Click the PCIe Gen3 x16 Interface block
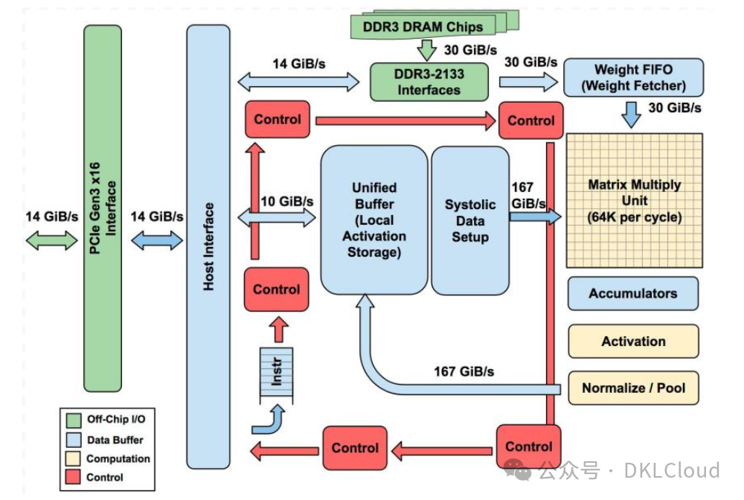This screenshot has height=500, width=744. [103, 208]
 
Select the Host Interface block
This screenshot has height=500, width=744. [208, 247]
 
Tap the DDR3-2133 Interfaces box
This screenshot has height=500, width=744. [429, 82]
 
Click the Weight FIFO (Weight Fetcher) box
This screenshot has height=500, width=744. [633, 77]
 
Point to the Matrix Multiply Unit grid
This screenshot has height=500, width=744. [635, 201]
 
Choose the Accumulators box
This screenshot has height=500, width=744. [633, 294]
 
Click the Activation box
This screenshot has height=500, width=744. [633, 341]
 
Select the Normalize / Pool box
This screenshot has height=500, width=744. [633, 388]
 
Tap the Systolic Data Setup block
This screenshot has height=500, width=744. [470, 220]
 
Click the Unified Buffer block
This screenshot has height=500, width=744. [374, 219]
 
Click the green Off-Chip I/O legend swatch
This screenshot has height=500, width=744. [74, 420]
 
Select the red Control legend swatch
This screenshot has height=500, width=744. [73, 477]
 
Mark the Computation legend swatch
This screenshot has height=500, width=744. [73, 458]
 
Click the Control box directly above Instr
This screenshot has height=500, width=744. [276, 289]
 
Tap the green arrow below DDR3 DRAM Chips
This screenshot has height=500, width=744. [426, 50]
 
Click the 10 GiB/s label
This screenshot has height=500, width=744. [287, 201]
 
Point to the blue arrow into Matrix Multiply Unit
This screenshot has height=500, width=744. [535, 217]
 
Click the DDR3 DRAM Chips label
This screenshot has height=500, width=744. [423, 27]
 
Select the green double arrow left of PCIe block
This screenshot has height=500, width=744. [51, 240]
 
